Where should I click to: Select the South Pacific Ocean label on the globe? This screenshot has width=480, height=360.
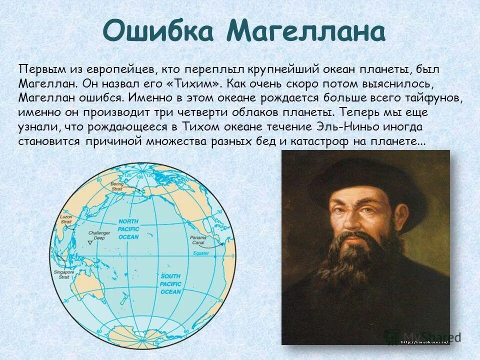(x=170, y=283)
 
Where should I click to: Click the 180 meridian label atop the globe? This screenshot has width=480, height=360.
(x=140, y=177)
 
